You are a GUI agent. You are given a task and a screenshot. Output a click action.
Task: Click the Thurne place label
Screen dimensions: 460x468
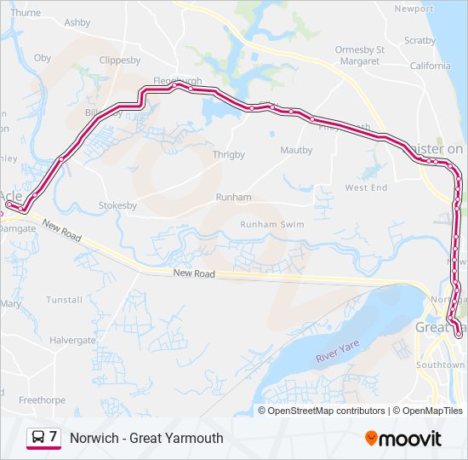pos(26,13)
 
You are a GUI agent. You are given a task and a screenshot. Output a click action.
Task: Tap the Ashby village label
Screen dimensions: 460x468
pos(77,22)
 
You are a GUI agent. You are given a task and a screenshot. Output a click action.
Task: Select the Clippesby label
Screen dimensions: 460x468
pos(120,60)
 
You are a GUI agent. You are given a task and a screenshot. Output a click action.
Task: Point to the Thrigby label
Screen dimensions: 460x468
pos(228,155)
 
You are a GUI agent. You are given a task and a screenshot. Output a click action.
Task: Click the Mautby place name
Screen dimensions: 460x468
pos(296,151)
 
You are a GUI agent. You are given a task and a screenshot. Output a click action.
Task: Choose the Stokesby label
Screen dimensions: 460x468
pos(118,205)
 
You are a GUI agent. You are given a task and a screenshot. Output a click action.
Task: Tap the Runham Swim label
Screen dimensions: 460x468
pos(271,224)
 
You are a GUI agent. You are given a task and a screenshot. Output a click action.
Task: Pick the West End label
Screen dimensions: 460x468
pos(366,187)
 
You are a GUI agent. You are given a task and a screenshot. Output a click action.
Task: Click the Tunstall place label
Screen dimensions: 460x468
pos(64,300)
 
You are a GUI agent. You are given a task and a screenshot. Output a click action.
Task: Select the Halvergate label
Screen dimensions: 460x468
pos(72,340)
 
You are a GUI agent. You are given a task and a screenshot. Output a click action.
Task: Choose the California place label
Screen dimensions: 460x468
pos(430,66)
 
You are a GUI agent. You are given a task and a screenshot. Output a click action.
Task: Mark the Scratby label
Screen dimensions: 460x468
pos(419,40)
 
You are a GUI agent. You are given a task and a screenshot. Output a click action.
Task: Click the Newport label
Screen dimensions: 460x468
pos(414,9)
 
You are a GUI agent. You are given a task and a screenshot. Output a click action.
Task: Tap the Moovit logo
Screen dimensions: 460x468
pos(403,439)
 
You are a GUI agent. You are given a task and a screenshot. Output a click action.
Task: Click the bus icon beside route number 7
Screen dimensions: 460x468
pos(38,438)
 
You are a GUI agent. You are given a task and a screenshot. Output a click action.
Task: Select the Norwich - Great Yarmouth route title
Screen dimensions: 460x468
pos(146,438)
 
